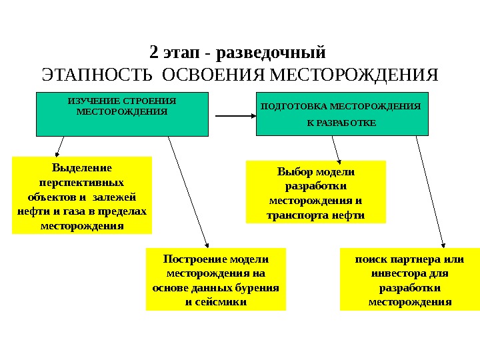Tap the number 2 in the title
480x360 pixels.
(x=153, y=52)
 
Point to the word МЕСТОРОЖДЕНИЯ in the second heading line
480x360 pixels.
(x=353, y=74)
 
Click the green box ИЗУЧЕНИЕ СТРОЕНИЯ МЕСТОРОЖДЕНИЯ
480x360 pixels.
(x=122, y=114)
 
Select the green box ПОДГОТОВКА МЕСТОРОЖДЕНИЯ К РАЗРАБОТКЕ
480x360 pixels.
(x=341, y=114)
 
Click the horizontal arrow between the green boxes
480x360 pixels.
(x=234, y=115)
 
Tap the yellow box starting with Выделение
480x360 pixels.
(x=82, y=195)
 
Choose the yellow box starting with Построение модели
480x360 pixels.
(x=215, y=279)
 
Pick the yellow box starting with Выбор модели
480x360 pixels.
(x=317, y=191)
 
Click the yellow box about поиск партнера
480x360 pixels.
(x=409, y=279)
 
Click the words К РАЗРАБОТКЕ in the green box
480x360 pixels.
(x=341, y=123)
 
